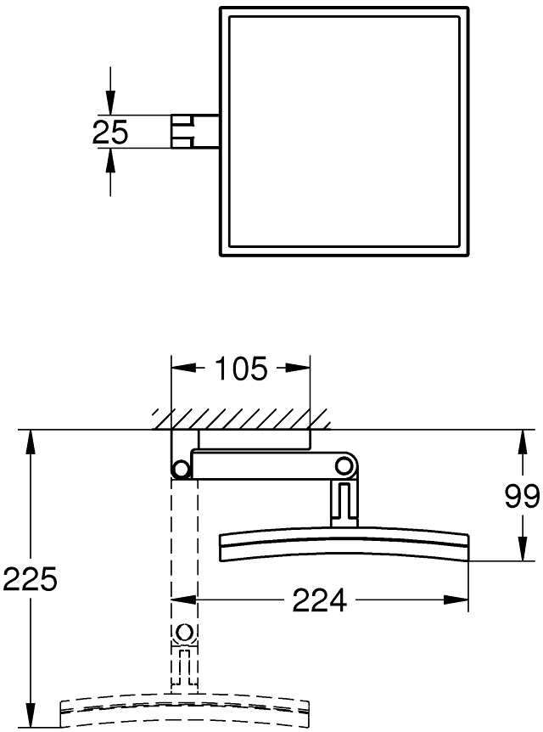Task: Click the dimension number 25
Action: [x=109, y=132]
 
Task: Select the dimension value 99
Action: [x=522, y=497]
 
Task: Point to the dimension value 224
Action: [x=319, y=600]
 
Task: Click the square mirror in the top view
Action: [x=344, y=132]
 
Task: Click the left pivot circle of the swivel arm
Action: [x=180, y=469]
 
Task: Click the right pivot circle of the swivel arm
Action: [x=343, y=465]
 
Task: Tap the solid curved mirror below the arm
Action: [x=344, y=545]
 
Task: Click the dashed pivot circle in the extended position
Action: [x=184, y=633]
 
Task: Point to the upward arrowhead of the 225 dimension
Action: [x=31, y=440]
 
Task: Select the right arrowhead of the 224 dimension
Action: [x=460, y=600]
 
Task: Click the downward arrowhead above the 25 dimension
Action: [x=109, y=104]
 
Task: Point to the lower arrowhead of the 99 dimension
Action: [x=522, y=552]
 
